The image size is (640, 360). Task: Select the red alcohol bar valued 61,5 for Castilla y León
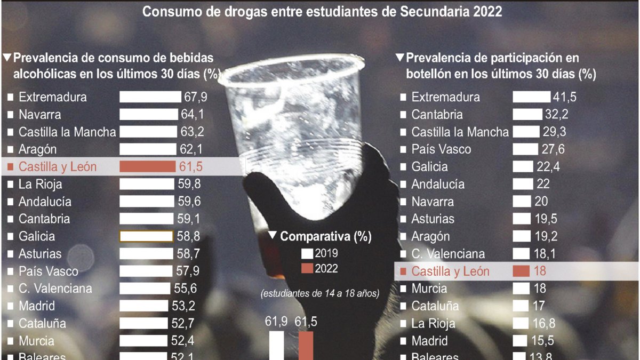click(x=147, y=166)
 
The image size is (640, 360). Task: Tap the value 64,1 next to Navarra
click(x=193, y=115)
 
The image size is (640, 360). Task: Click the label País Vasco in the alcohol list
click(x=48, y=271)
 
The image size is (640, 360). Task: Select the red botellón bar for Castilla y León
click(x=521, y=271)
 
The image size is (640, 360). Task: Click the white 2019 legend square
click(x=307, y=254)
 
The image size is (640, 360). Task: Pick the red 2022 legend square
click(x=307, y=268)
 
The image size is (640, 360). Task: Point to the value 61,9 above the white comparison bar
click(x=277, y=321)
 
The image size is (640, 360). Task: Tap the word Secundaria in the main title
click(x=437, y=11)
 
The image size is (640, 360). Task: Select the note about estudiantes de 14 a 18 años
click(x=320, y=294)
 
